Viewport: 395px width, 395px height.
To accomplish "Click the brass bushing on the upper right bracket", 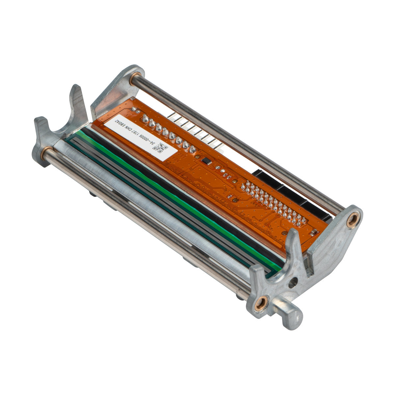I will click(x=353, y=220).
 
